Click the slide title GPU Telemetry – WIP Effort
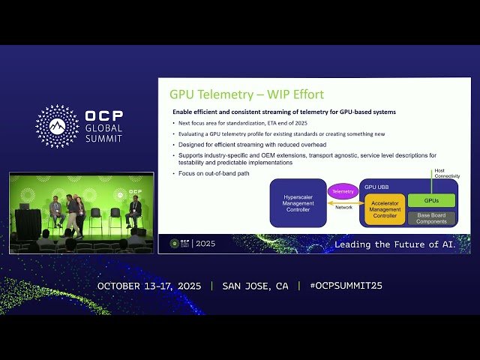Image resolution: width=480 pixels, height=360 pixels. pyautogui.click(x=246, y=94)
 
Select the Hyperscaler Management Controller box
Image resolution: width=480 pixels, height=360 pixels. pyautogui.click(x=298, y=202)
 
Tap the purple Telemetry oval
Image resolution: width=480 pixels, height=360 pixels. pyautogui.click(x=343, y=192)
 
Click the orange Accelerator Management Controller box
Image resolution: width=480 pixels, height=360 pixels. pyautogui.click(x=385, y=210)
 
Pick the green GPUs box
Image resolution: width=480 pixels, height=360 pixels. pyautogui.click(x=431, y=201)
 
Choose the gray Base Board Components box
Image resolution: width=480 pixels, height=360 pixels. pyautogui.click(x=431, y=218)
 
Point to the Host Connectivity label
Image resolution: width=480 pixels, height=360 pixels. pyautogui.click(x=446, y=174)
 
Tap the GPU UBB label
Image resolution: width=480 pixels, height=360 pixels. pyautogui.click(x=376, y=186)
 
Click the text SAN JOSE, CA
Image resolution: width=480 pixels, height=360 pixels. pyautogui.click(x=255, y=286)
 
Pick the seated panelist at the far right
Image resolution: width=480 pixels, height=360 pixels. pyautogui.click(x=133, y=211)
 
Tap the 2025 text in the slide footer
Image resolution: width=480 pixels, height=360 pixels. pyautogui.click(x=205, y=244)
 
